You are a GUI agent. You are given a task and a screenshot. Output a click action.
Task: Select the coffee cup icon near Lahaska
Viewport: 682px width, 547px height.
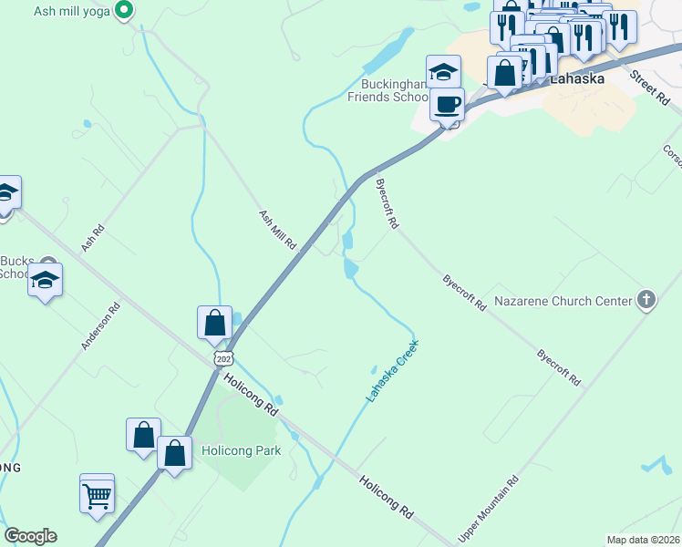(x=446, y=105)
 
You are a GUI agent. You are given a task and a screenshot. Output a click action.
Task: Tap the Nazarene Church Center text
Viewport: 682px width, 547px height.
(x=563, y=301)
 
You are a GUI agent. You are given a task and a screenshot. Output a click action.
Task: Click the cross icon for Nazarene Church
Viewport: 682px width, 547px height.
(x=646, y=300)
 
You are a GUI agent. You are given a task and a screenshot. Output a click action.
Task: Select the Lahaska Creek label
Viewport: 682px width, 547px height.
(x=391, y=372)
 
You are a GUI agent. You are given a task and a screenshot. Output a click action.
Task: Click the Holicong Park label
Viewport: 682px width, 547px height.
(x=240, y=449)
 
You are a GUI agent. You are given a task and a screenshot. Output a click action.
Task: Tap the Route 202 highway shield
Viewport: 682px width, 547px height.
(x=224, y=358)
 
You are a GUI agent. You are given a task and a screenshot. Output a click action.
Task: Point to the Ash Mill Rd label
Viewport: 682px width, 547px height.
(x=278, y=230)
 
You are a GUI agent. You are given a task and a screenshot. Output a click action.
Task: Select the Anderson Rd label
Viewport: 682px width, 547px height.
(x=100, y=326)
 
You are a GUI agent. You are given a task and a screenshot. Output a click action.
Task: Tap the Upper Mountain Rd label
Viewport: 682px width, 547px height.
(x=489, y=509)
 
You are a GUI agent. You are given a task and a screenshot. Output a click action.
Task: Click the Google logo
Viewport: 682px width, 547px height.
(x=30, y=536)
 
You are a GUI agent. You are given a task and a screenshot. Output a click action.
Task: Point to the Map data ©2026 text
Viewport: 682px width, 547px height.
(x=642, y=540)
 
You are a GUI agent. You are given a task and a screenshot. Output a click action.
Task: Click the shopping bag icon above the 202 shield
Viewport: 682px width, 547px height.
(x=215, y=323)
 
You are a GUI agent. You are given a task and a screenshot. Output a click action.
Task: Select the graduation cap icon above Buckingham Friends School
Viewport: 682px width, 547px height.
(x=444, y=70)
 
